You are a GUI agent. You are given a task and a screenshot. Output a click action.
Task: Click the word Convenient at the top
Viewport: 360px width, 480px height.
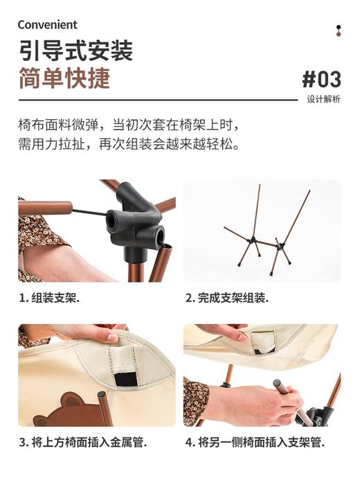click(x=47, y=25)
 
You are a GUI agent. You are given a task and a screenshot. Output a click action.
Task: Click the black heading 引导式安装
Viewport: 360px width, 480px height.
click(x=75, y=51)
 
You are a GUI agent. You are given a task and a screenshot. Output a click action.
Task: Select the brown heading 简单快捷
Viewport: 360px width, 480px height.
click(x=64, y=78)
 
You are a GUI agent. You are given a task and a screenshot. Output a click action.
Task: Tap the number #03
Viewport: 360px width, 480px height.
click(x=321, y=78)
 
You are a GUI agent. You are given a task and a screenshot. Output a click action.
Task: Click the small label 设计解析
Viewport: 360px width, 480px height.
click(x=323, y=99)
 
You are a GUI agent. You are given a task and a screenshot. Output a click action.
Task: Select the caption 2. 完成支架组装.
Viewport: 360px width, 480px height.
click(x=226, y=299)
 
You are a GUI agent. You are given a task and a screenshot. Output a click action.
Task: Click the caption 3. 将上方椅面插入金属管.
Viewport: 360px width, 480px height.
click(x=82, y=442)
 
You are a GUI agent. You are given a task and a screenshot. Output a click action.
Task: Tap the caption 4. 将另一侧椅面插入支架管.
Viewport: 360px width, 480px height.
click(x=254, y=442)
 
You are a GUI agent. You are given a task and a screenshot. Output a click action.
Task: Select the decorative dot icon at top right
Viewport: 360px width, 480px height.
click(x=339, y=30)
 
